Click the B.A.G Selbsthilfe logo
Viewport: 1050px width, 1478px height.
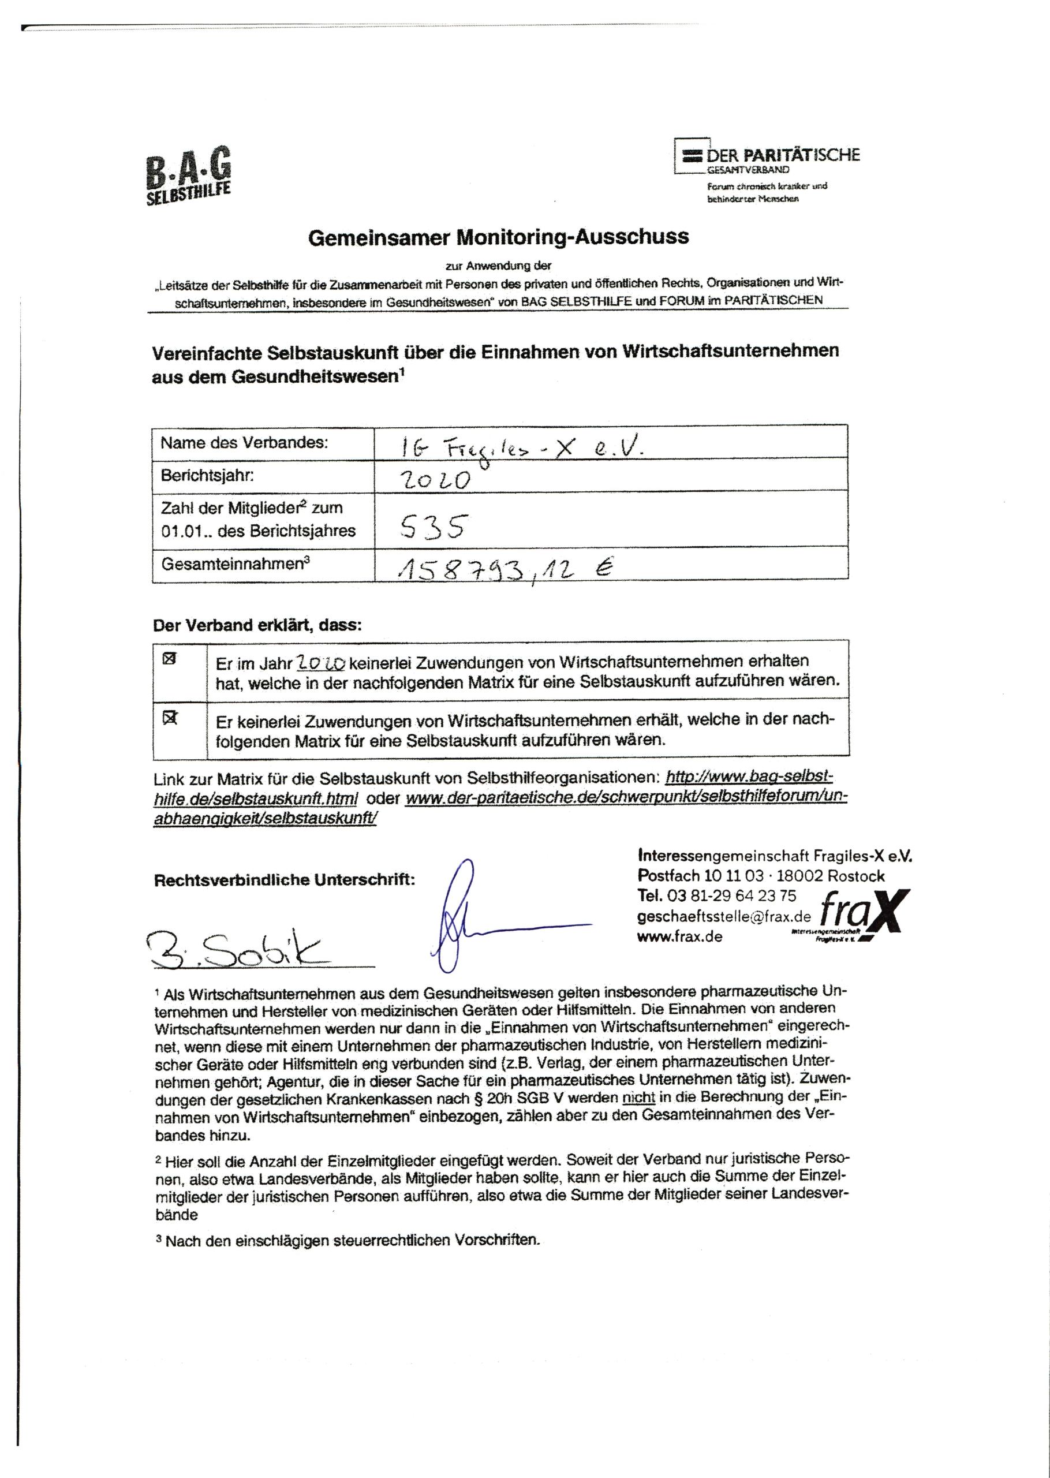coord(188,175)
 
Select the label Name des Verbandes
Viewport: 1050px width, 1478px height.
coord(244,442)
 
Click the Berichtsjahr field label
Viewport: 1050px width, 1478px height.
coord(207,475)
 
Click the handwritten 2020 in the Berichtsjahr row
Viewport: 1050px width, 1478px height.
coord(435,479)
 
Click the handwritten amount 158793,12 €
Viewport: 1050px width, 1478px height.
coord(505,569)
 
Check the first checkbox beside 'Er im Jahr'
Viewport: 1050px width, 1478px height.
coord(169,659)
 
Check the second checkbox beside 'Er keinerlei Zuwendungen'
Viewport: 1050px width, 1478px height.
coord(169,718)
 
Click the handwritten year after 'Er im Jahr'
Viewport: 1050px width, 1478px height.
coord(321,663)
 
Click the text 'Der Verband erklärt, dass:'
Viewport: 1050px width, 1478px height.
coord(257,625)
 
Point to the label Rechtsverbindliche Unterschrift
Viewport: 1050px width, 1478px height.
coord(284,879)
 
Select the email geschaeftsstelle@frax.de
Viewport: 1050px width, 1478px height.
coord(723,916)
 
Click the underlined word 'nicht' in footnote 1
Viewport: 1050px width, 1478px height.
coord(638,1097)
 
